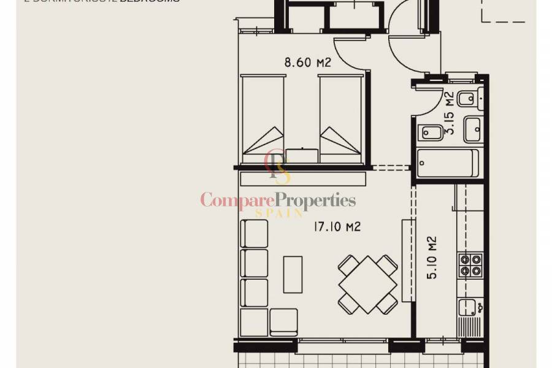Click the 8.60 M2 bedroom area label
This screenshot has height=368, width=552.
click(x=308, y=62)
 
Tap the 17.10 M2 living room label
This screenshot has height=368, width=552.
click(x=337, y=227)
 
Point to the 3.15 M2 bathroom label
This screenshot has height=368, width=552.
click(x=449, y=113)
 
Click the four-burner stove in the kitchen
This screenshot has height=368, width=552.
click(x=470, y=265)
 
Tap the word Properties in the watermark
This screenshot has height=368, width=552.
click(x=315, y=200)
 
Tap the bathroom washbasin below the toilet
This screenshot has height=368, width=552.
click(x=473, y=129)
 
